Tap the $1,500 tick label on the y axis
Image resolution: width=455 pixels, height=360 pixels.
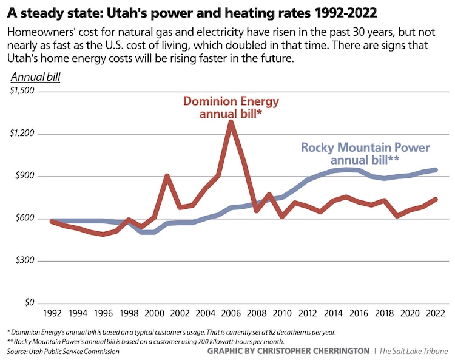point(24,91)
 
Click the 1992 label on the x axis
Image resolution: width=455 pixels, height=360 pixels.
point(52,314)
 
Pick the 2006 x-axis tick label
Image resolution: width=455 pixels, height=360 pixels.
point(231,314)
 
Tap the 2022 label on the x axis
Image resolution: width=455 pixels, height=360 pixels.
point(434,314)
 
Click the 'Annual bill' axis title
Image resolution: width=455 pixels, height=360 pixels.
point(35,77)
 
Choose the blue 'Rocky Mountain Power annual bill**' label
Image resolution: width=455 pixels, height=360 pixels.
point(365,154)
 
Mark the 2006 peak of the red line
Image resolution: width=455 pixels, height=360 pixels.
point(231,122)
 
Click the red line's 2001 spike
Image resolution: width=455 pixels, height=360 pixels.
point(167,176)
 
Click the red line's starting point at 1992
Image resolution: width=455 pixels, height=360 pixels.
point(52,222)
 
